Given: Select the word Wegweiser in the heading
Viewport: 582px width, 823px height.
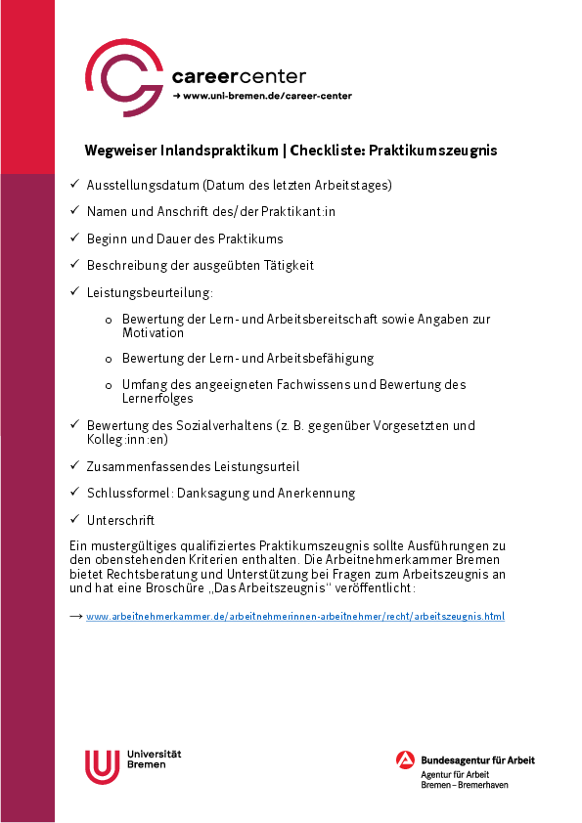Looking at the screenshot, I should pyautogui.click(x=115, y=151).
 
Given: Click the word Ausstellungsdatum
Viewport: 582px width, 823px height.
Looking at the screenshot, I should pyautogui.click(x=143, y=185).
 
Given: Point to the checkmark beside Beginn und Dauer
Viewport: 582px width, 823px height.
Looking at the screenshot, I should pyautogui.click(x=74, y=238).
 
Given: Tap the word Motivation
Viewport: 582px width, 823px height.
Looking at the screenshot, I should pyautogui.click(x=153, y=333).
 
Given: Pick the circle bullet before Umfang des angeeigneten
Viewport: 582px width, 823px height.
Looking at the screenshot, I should pyautogui.click(x=109, y=386).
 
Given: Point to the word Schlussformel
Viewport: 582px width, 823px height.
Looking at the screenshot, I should pyautogui.click(x=123, y=493).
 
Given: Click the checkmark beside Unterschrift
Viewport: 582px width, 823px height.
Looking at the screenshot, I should pyautogui.click(x=74, y=519).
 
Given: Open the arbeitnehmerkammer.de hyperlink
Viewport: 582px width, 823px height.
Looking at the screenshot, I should pyautogui.click(x=295, y=617).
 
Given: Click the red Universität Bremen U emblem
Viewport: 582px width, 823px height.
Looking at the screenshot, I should pyautogui.click(x=102, y=765).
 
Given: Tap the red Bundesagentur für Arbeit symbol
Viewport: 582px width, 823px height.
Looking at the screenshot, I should pyautogui.click(x=405, y=760).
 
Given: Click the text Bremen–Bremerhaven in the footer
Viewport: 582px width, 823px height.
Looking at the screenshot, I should pyautogui.click(x=465, y=785).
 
